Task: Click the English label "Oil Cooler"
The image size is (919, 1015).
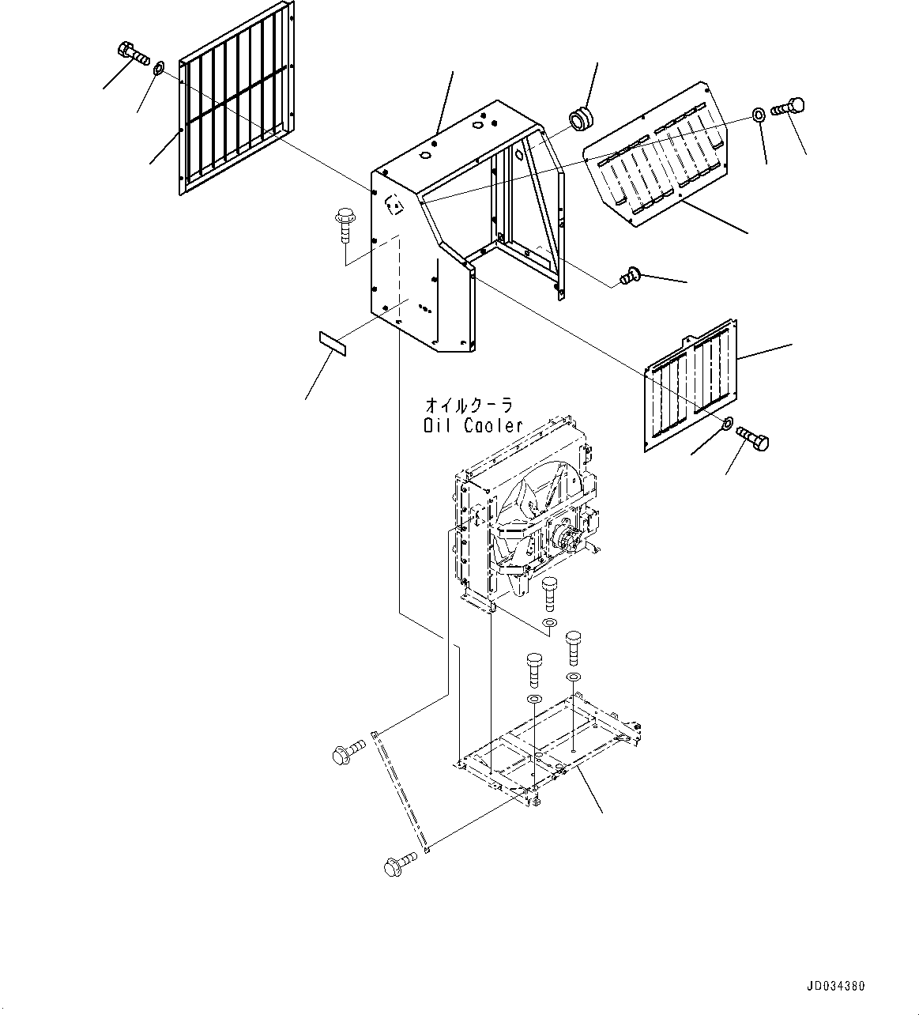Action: tap(473, 426)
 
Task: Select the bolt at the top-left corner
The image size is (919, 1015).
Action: tap(134, 55)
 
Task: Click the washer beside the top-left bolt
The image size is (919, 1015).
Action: tap(158, 66)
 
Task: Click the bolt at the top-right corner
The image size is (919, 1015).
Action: tap(788, 108)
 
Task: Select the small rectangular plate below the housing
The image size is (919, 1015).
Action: tap(333, 344)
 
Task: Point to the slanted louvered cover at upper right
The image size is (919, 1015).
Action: tap(656, 154)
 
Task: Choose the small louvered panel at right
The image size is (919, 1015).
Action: tap(691, 386)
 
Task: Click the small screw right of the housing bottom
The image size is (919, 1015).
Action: tap(631, 275)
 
